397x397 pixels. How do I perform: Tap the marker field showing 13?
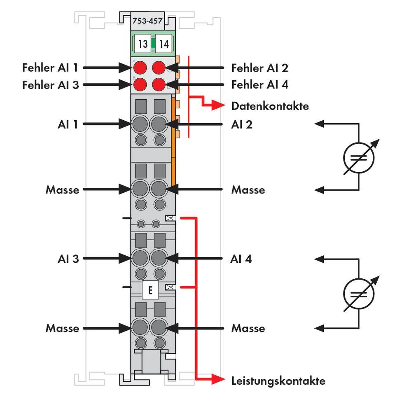click(142, 44)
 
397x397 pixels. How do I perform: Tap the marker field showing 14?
click(164, 44)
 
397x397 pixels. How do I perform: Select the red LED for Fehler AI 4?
click(159, 85)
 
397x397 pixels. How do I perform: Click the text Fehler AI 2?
click(259, 67)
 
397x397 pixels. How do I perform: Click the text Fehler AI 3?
click(50, 85)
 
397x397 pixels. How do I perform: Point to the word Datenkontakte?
click(270, 106)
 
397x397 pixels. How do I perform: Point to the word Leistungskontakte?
click(278, 381)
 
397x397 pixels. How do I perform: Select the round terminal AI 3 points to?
click(140, 259)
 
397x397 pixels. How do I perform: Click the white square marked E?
click(150, 290)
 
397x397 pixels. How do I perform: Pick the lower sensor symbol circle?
click(359, 294)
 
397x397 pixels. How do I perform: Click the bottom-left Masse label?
click(62, 328)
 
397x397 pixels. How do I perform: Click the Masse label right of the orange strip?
click(248, 190)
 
